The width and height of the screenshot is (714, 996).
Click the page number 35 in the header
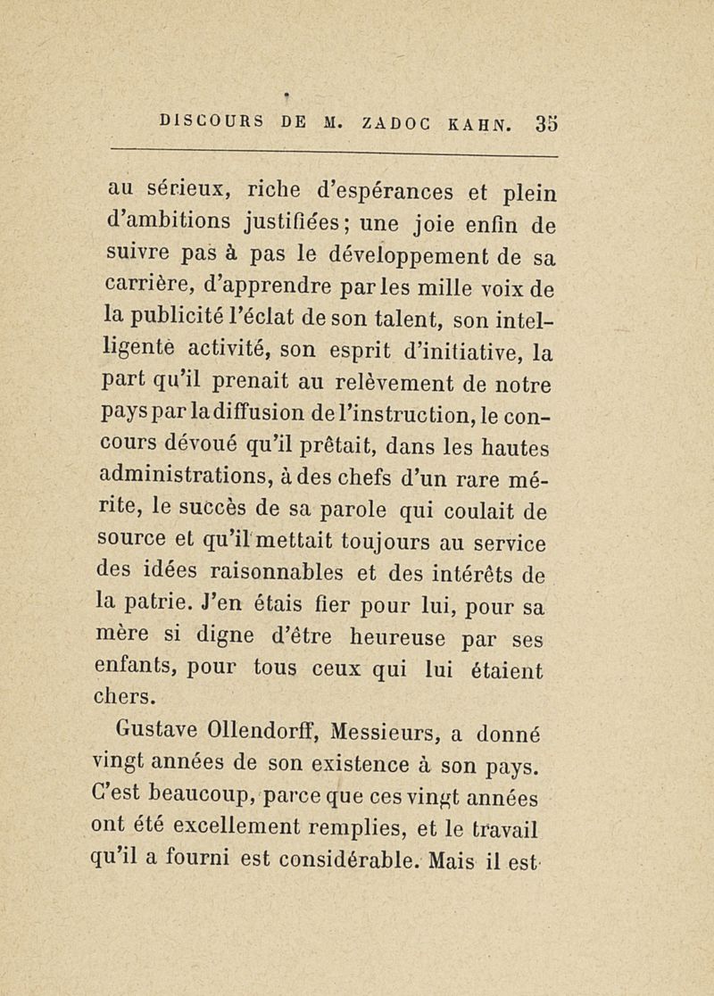[546, 120]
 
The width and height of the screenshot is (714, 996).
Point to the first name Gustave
[160, 735]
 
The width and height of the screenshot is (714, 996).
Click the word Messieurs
[387, 735]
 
